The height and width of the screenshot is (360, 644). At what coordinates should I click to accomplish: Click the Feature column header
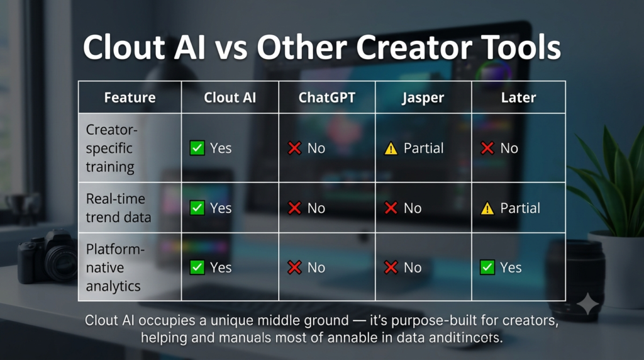(130, 98)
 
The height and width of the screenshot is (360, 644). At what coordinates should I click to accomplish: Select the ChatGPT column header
(327, 98)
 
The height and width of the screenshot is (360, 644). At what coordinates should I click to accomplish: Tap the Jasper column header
(423, 98)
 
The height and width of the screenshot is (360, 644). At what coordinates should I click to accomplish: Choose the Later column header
(518, 98)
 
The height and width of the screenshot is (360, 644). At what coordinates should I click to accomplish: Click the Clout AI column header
(230, 98)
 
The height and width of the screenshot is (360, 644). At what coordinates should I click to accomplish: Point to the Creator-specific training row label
(111, 148)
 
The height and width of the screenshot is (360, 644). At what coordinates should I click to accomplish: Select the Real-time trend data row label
(118, 208)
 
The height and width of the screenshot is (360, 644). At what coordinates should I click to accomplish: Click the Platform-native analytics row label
(115, 267)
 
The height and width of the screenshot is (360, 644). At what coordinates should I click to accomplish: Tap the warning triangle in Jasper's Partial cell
(391, 149)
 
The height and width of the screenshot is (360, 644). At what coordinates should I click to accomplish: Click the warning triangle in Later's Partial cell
(487, 208)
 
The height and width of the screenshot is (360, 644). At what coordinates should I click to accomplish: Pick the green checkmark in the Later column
(487, 267)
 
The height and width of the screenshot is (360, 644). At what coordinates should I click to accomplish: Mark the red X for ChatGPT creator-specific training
(294, 148)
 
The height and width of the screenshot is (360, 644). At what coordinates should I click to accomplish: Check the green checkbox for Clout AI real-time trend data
(197, 208)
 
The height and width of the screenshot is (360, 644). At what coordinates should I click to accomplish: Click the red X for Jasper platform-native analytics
(391, 267)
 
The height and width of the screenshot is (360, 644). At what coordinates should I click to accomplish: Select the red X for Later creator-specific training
(487, 148)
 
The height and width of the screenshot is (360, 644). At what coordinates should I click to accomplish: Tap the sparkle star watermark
(588, 304)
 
